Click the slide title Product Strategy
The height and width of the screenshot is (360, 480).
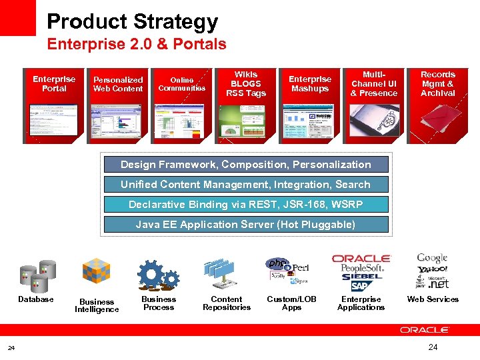tap(132, 22)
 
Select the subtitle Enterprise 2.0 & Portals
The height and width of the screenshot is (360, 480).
tap(136, 45)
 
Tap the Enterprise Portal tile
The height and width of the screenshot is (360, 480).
tap(54, 105)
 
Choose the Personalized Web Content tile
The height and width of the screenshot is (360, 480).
tap(118, 105)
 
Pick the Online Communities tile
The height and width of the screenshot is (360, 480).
tap(182, 105)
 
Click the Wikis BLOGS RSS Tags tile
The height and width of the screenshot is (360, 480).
tap(245, 105)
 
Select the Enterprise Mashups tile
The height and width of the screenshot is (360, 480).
tap(310, 105)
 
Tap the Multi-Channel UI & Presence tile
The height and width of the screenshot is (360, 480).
tap(373, 105)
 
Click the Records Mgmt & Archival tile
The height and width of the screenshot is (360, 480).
tap(437, 105)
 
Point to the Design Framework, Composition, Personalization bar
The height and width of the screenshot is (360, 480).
tap(246, 165)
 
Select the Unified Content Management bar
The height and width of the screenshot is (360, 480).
tap(246, 185)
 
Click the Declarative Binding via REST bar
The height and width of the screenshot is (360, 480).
tap(246, 205)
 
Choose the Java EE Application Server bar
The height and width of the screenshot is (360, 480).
tap(246, 225)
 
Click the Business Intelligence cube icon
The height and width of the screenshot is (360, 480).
tap(96, 272)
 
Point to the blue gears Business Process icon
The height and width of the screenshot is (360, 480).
tap(158, 274)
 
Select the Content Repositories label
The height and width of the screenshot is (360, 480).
tap(227, 303)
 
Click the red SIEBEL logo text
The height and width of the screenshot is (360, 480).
tap(361, 276)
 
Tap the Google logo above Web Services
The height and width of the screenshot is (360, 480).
tap(432, 258)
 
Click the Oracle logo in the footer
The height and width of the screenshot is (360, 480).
tap(424, 329)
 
